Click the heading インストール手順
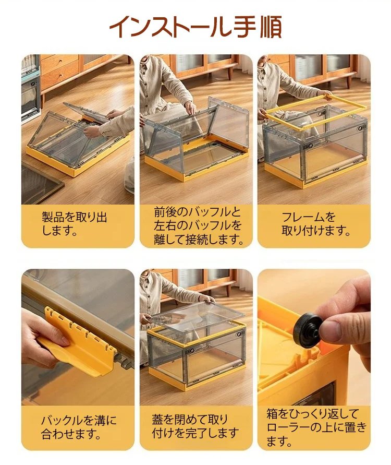click(195, 27)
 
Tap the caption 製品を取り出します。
click(75, 223)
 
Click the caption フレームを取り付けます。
click(316, 223)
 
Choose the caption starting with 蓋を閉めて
click(195, 426)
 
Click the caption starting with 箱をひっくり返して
click(316, 427)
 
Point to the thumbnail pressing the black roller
click(314, 337)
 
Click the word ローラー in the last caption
click(290, 427)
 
